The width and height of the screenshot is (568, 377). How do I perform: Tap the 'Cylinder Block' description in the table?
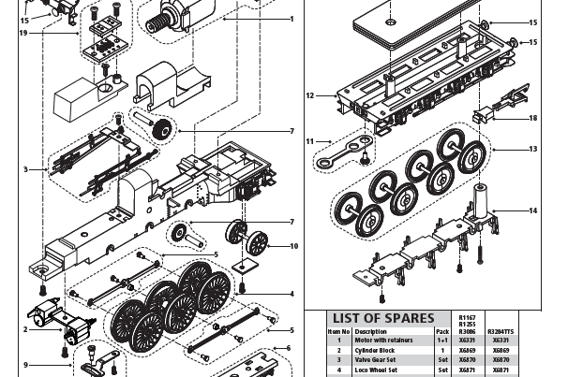tap(374, 350)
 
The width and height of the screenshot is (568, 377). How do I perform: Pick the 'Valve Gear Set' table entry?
tap(377, 360)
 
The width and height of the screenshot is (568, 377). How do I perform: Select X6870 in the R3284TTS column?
tap(501, 360)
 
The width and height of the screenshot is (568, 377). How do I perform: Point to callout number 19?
tap(22, 33)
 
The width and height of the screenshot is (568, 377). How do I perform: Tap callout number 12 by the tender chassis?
tap(310, 94)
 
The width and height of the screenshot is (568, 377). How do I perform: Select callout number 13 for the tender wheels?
tap(533, 149)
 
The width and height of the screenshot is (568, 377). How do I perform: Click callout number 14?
tap(533, 210)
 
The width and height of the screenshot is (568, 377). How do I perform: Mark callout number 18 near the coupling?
tap(533, 118)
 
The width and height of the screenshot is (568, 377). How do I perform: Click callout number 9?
tap(26, 364)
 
